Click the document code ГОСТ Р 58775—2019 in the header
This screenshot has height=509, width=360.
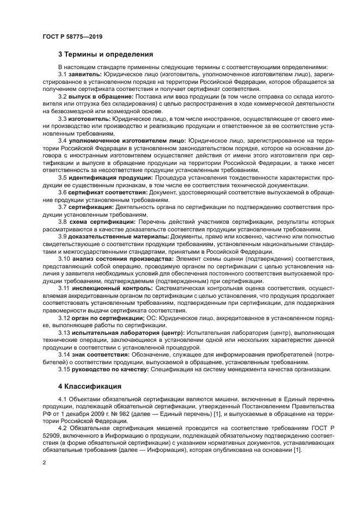tap(72, 36)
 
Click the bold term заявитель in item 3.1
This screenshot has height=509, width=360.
tap(86, 74)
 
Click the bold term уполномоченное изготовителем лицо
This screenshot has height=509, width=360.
tap(127, 140)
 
